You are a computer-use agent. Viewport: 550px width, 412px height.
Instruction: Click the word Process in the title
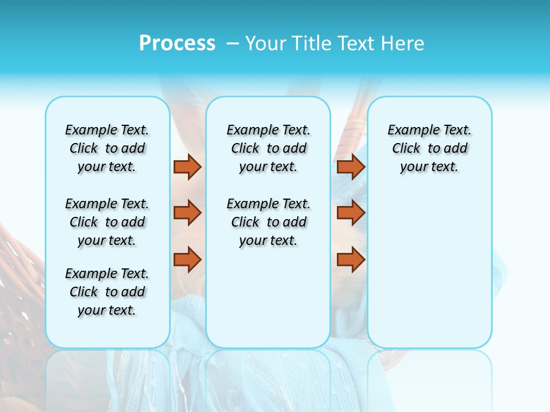point(177,43)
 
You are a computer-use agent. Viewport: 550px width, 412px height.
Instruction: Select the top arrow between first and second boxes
point(187,167)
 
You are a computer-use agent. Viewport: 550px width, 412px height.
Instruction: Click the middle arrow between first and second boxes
point(187,213)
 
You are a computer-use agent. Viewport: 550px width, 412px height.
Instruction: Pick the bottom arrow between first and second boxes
point(187,259)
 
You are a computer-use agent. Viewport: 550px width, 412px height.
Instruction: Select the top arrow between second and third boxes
point(351,167)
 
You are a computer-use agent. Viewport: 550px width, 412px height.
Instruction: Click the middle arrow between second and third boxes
point(351,213)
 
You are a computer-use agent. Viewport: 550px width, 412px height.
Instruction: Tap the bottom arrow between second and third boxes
point(351,259)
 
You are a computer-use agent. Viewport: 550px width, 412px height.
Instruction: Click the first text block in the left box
point(107,148)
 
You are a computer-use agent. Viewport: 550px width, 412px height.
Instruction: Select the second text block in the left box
point(107,222)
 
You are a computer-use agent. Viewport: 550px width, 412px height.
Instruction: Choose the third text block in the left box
point(107,292)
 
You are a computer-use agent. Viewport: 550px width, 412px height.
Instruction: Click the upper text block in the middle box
point(268,148)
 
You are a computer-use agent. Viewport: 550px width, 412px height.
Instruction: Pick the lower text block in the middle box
point(268,222)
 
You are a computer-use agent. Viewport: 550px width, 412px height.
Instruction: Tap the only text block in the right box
point(429,148)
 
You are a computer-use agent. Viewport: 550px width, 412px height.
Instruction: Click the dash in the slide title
point(233,43)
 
